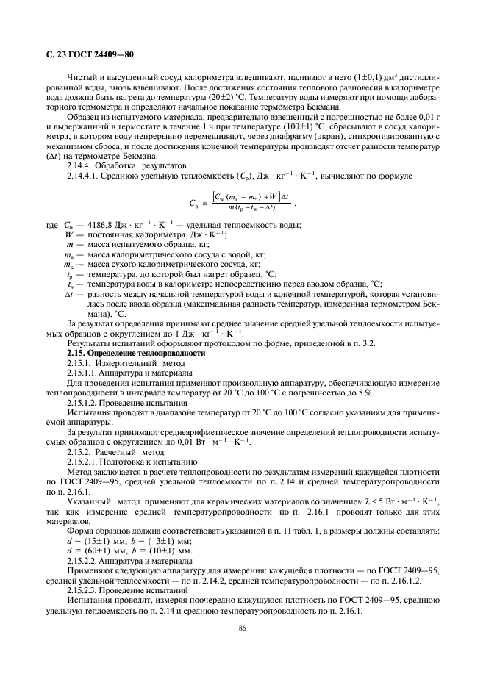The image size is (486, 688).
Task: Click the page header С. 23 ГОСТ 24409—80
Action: click(x=85, y=54)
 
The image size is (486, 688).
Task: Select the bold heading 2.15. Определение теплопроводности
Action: click(x=136, y=353)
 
